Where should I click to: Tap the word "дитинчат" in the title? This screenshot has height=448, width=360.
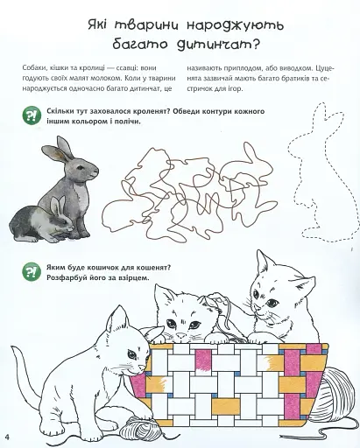pos(215,45)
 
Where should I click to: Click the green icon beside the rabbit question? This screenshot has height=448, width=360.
pos(32,116)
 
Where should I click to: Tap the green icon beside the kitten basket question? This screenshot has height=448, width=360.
pos(32,271)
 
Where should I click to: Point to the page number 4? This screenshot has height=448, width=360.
pos(7,437)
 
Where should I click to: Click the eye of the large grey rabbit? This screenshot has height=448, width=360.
pos(81,167)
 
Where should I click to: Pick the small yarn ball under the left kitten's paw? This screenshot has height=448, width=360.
pos(137,427)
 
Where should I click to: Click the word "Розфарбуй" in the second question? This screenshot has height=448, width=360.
pos(61,278)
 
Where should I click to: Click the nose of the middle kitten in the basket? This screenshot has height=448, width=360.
pos(181,334)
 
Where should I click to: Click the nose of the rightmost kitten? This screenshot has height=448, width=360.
pos(256,308)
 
